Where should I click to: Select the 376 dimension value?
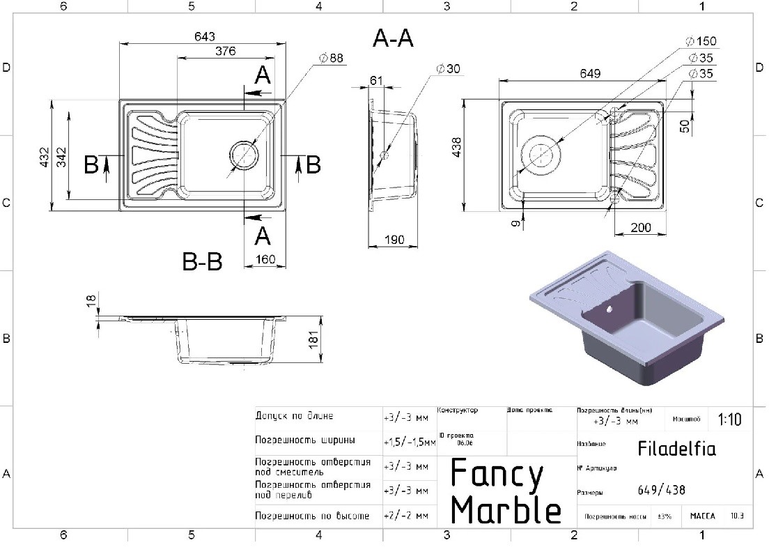224,51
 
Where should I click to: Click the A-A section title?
393,39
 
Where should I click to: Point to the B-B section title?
202,263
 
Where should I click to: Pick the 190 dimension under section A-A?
394,240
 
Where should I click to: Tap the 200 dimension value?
641,228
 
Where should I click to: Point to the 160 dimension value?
265,260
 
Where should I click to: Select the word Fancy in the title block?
497,475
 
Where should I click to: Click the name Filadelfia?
676,447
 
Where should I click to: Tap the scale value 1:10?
729,420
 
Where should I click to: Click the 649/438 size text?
661,490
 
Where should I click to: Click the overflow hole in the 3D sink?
610,307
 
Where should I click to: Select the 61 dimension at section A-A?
376,81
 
